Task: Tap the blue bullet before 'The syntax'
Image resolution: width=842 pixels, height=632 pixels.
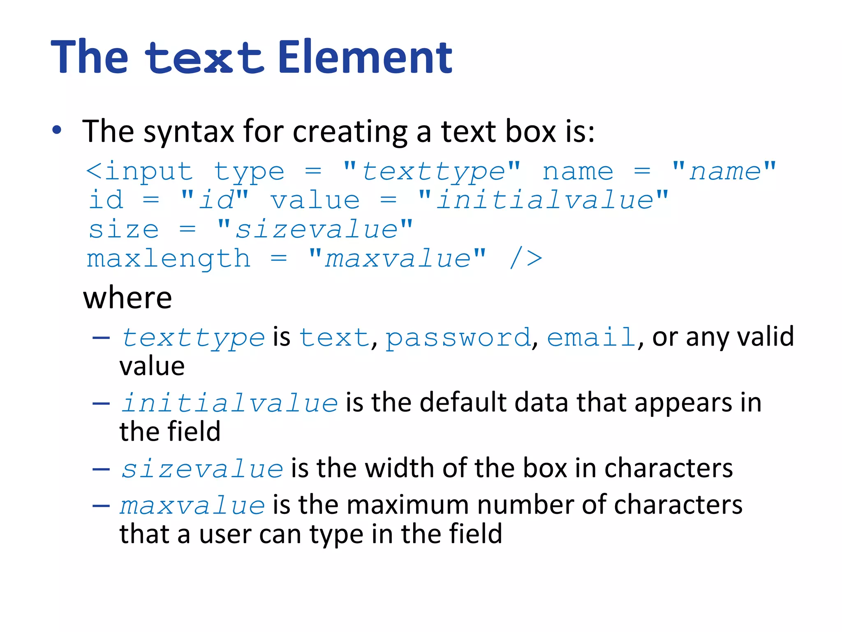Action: point(57,130)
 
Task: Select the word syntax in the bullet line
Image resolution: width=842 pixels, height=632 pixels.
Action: point(189,132)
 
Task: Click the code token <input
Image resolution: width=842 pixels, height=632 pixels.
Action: point(139,172)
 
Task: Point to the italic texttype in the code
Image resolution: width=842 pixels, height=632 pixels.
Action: point(433,172)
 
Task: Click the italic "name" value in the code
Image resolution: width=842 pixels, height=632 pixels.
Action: point(725,172)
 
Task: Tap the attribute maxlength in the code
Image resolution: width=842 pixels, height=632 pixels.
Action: point(169,259)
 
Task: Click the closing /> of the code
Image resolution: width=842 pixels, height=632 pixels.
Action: point(526,259)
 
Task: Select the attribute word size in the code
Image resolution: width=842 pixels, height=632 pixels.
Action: point(124,229)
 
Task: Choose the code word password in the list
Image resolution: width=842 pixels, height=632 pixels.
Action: point(458,338)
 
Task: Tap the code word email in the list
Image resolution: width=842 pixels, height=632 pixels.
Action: point(591,338)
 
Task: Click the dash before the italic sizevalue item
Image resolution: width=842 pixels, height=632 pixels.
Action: point(101,469)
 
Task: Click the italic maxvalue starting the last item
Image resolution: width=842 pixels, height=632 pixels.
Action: point(192,506)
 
